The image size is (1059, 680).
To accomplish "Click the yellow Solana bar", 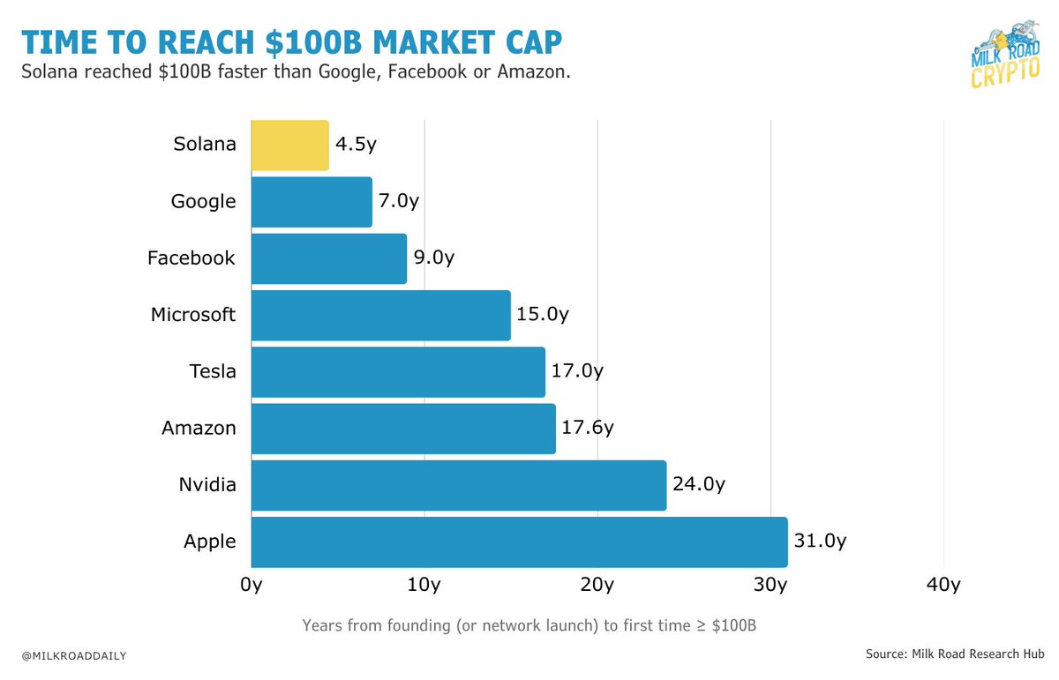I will pyautogui.click(x=289, y=146).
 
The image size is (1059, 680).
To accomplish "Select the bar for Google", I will pyautogui.click(x=312, y=202).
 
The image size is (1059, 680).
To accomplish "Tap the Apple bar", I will pyautogui.click(x=519, y=542).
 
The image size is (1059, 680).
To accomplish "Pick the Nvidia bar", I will pyautogui.click(x=458, y=485).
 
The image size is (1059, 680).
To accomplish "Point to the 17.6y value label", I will pyautogui.click(x=587, y=429).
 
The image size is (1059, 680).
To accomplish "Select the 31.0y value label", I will pyautogui.click(x=819, y=542).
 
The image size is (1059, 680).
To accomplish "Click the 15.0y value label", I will pyautogui.click(x=542, y=315).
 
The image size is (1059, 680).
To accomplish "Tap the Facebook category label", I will pyautogui.click(x=192, y=258).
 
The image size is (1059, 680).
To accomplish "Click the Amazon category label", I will pyautogui.click(x=199, y=429).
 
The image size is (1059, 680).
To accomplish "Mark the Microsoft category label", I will pyautogui.click(x=193, y=315).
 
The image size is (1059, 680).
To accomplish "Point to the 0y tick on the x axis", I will pyautogui.click(x=252, y=585).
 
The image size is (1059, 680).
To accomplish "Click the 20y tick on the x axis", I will pyautogui.click(x=597, y=585).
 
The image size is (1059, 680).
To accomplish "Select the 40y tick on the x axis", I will pyautogui.click(x=943, y=585).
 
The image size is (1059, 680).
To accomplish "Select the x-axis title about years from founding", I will pyautogui.click(x=529, y=625).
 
